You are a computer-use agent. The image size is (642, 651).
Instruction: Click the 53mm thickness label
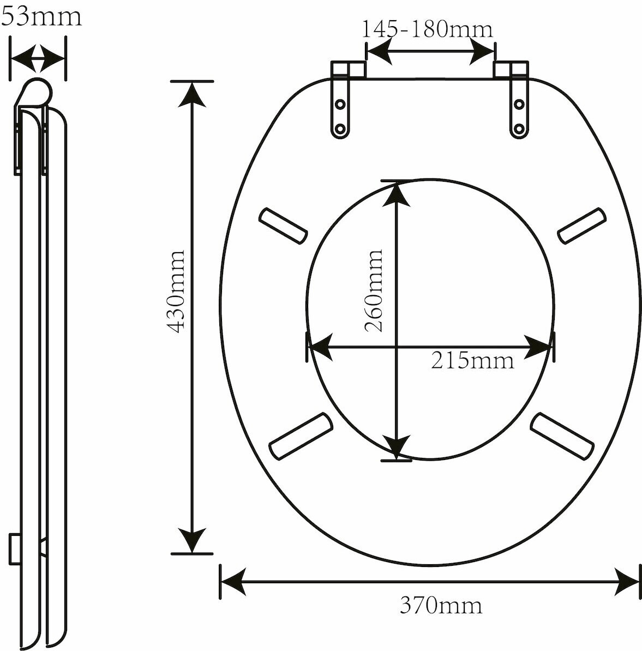click(x=41, y=17)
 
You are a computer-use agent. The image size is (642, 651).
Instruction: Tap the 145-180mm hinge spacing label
click(x=428, y=29)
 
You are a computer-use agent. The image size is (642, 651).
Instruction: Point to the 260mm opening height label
click(x=373, y=291)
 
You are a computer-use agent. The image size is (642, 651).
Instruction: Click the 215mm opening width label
click(x=472, y=360)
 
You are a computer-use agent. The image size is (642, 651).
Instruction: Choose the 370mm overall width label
click(x=441, y=605)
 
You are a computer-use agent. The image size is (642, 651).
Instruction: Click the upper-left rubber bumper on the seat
click(x=284, y=226)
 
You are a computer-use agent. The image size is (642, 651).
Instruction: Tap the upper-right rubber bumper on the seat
click(x=581, y=225)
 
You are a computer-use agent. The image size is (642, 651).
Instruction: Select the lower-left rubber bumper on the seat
click(x=301, y=436)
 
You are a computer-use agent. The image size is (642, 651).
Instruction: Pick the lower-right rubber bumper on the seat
click(x=562, y=436)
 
